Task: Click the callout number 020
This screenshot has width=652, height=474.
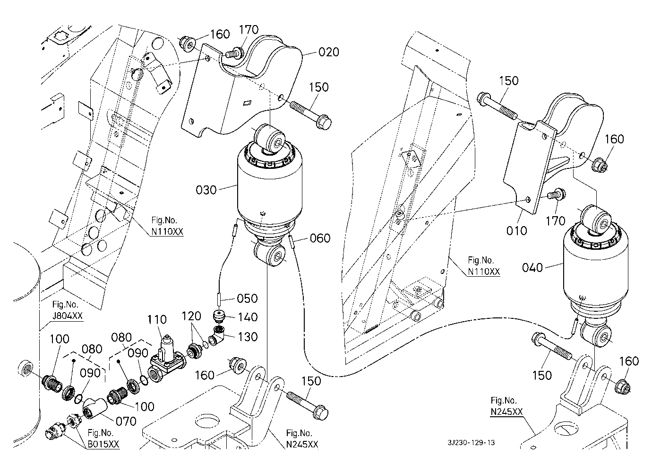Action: pos(329,52)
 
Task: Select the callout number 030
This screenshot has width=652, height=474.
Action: pos(206,190)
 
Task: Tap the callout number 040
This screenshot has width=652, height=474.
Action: pos(532,268)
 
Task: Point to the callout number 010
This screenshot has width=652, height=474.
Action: pos(516,230)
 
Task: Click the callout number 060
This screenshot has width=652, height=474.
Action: pos(320,238)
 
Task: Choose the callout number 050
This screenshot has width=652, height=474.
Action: pos(248,298)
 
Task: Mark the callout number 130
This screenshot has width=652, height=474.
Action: pos(248,337)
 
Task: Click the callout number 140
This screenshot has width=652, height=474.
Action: pos(248,317)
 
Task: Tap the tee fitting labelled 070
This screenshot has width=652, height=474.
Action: pos(95,407)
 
